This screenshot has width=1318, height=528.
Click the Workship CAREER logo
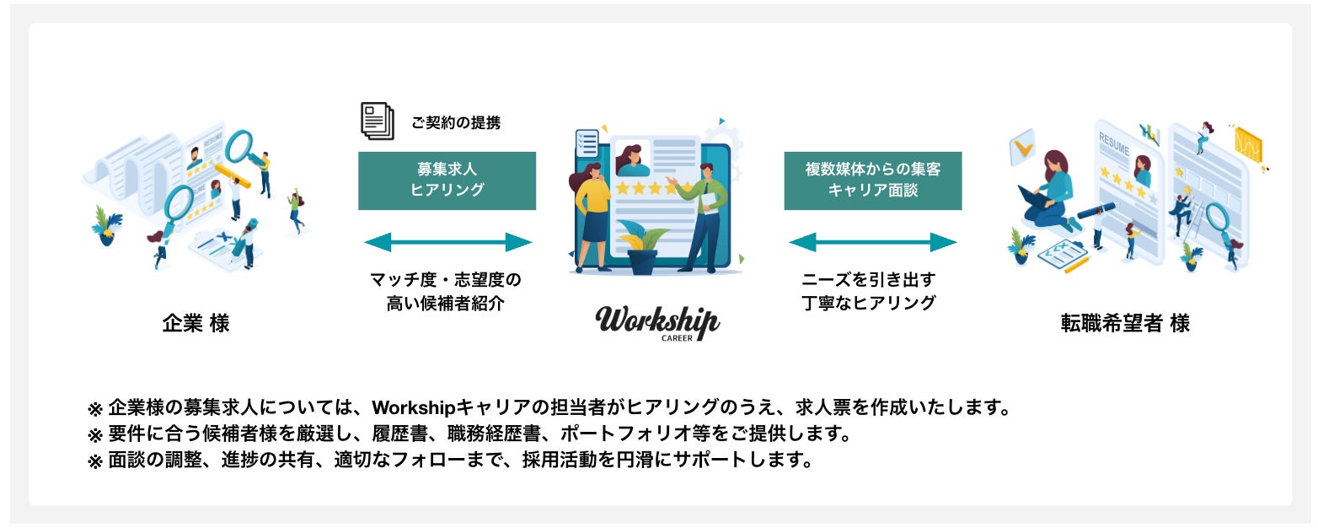pos(657,323)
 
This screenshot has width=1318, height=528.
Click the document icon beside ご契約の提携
pos(378,121)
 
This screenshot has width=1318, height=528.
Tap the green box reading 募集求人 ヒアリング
pos(447,180)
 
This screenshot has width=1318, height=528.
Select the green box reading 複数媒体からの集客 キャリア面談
pos(872,180)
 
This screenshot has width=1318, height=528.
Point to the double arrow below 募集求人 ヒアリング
pos(447,243)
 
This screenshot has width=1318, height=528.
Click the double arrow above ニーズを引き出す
pos(872,243)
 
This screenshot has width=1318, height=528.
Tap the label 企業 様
pos(196,324)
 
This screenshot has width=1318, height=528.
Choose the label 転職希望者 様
pos(1125,324)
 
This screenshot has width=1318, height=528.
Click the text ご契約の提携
pos(455,123)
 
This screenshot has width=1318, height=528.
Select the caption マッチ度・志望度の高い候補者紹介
pos(447,292)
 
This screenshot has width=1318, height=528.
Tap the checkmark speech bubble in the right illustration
pos(1022,147)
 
